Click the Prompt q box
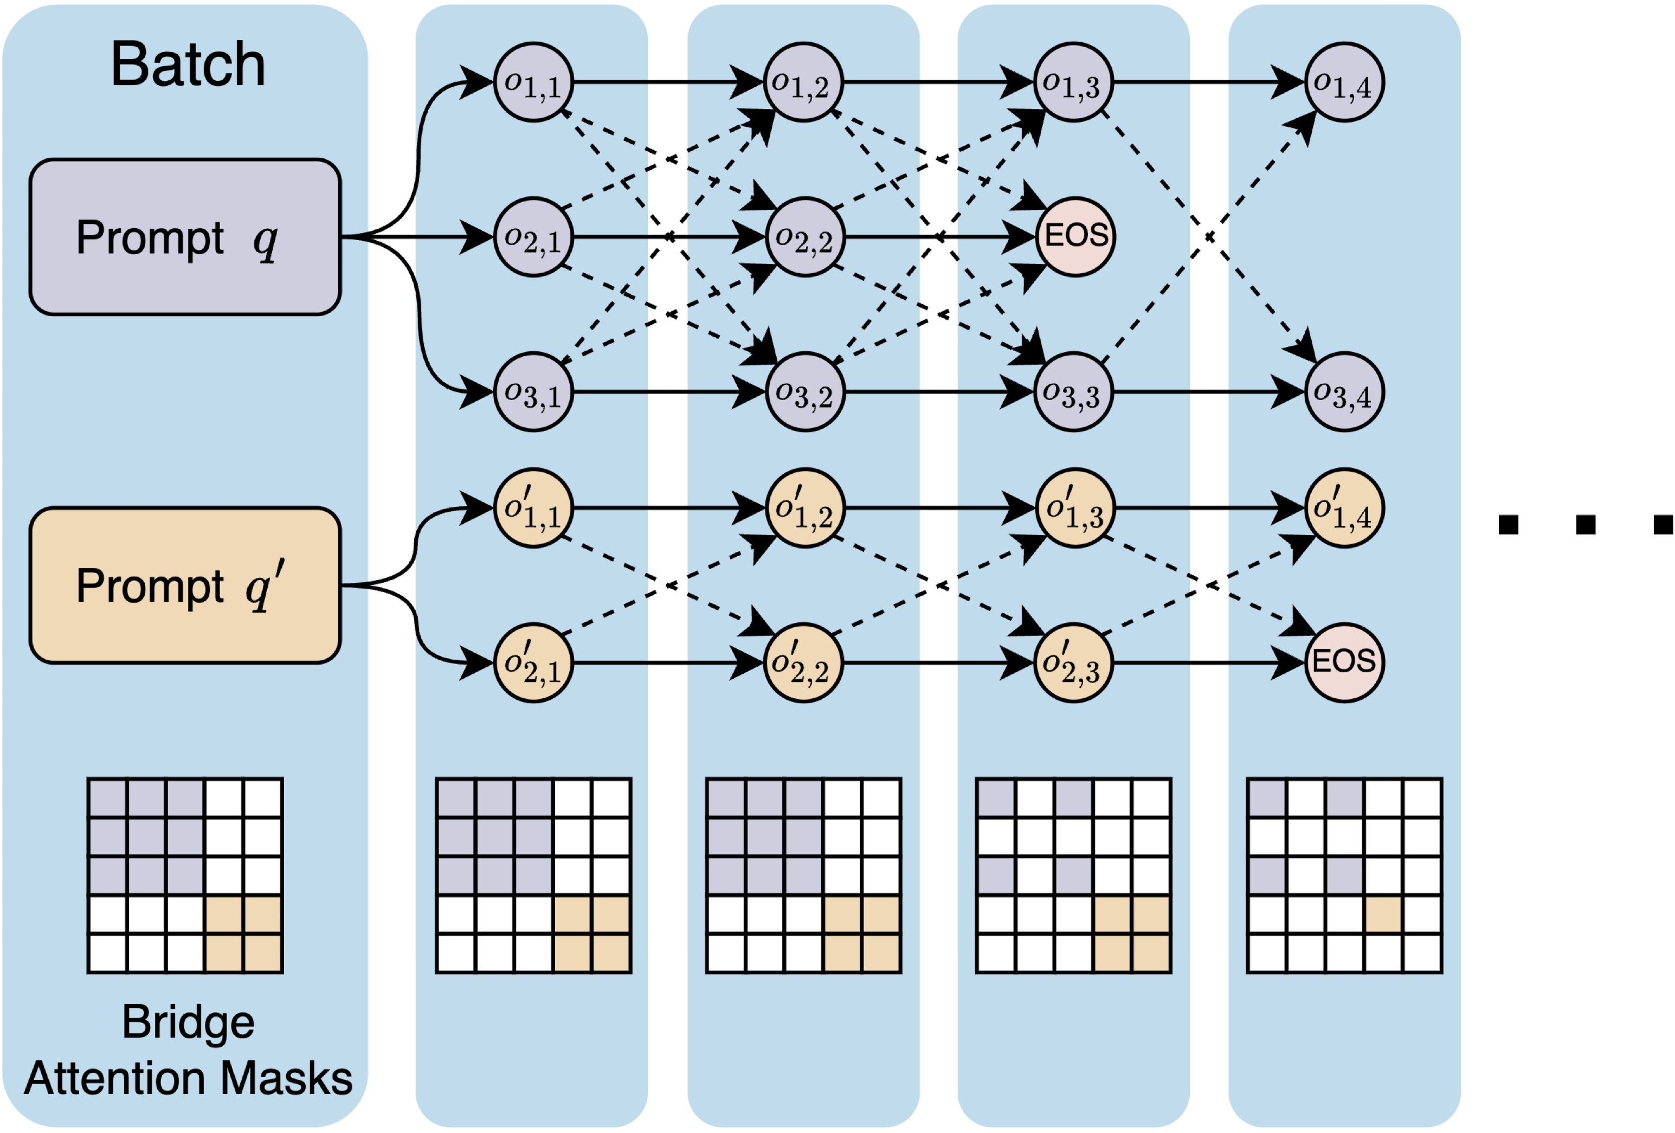point(185,237)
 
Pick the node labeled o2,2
point(804,237)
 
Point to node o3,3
point(1073,392)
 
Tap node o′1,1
point(533,508)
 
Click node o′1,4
point(1344,508)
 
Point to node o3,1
point(533,392)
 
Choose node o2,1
point(533,237)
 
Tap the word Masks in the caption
point(286,1078)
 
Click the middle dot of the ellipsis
point(1586,525)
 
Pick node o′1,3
point(1074,508)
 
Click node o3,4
point(1344,392)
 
